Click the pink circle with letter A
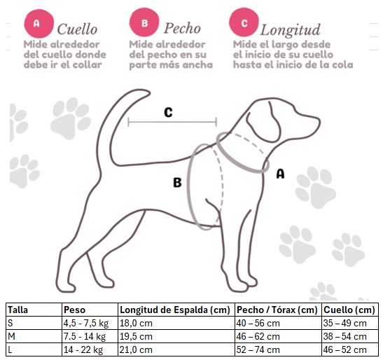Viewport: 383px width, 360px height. (39, 24)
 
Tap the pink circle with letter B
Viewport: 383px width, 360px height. (144, 22)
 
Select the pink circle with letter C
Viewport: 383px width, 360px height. (244, 22)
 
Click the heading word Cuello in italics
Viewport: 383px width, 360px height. (77, 29)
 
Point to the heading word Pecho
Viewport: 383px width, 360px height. (182, 28)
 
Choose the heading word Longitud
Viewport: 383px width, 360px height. (290, 30)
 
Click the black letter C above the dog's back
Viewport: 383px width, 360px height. (168, 113)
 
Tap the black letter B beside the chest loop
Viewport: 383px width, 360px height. (177, 182)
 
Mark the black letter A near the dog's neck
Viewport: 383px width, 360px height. (280, 174)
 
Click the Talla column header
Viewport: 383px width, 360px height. (18, 310)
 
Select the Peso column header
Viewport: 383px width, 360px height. (74, 310)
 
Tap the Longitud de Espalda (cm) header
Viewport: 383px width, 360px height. (175, 310)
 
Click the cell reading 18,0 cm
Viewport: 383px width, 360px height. (136, 323)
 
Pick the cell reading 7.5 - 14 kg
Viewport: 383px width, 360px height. (85, 337)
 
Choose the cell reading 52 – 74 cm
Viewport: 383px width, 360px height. (258, 349)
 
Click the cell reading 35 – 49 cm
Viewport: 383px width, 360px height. (345, 323)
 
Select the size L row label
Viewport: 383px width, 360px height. (10, 349)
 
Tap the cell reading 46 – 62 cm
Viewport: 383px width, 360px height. (258, 337)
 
